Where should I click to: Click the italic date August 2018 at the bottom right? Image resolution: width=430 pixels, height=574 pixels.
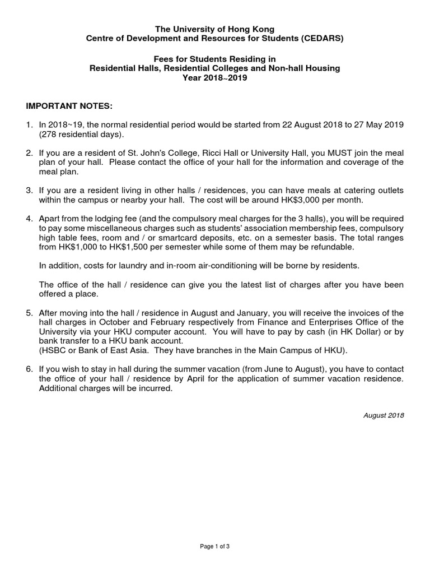pyautogui.click(x=384, y=416)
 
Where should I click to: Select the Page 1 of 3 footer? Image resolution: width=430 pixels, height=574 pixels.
pyautogui.click(x=215, y=547)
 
